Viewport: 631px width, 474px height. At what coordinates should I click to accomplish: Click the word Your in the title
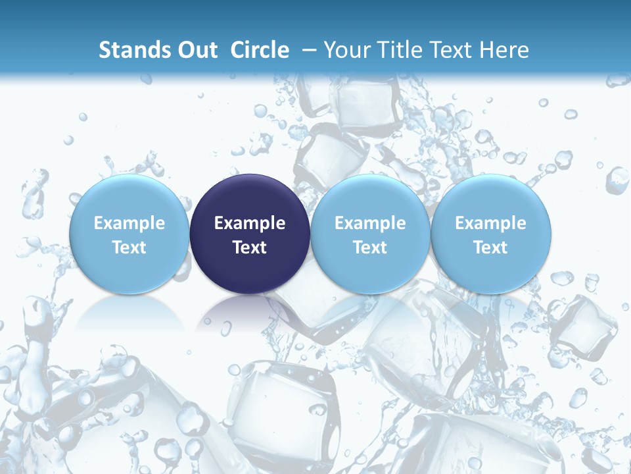[346, 50]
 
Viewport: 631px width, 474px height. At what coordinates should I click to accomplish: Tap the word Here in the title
[504, 50]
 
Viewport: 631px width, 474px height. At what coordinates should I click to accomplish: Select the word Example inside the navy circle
[250, 223]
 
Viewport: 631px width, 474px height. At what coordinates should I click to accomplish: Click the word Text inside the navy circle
[250, 248]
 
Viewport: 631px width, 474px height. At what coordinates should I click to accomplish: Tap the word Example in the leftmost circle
[129, 223]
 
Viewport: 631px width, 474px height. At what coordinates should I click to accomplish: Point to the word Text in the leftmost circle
[129, 248]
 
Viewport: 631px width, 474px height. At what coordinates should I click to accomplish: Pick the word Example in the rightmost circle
[490, 223]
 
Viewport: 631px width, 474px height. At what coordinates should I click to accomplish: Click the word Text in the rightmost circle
[490, 248]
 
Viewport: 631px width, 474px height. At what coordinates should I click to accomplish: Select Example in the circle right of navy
[370, 223]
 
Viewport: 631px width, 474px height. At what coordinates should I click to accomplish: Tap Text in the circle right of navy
[370, 248]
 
